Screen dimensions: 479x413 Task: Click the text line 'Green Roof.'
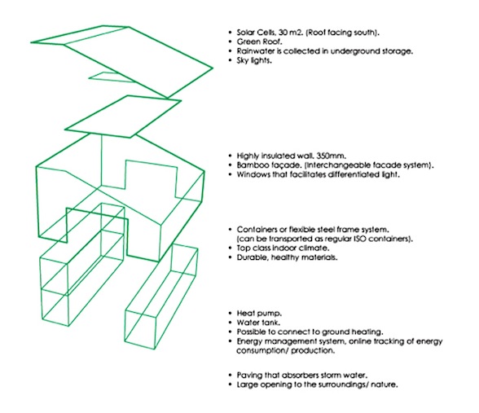[x=259, y=42]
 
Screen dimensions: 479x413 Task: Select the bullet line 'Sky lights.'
[x=254, y=60]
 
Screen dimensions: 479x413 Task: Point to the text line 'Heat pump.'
[x=259, y=314]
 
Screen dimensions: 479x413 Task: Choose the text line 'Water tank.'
[x=258, y=323]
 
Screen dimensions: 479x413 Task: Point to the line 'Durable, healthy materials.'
[x=287, y=257]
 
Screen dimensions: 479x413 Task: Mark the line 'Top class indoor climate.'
[x=283, y=248]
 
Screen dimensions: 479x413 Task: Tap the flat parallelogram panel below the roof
[x=123, y=116]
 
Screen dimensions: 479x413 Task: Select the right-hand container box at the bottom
[x=161, y=297]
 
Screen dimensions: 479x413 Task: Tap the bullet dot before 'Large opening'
[x=231, y=384]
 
